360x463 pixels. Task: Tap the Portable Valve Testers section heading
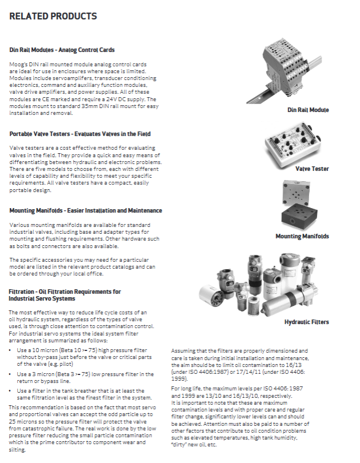point(80,134)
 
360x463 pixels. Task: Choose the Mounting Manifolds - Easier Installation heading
point(86,210)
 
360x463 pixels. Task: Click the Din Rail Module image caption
point(308,110)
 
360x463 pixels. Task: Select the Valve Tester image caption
point(312,169)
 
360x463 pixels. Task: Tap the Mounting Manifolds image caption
point(302,236)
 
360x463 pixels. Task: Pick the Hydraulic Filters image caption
point(307,322)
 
